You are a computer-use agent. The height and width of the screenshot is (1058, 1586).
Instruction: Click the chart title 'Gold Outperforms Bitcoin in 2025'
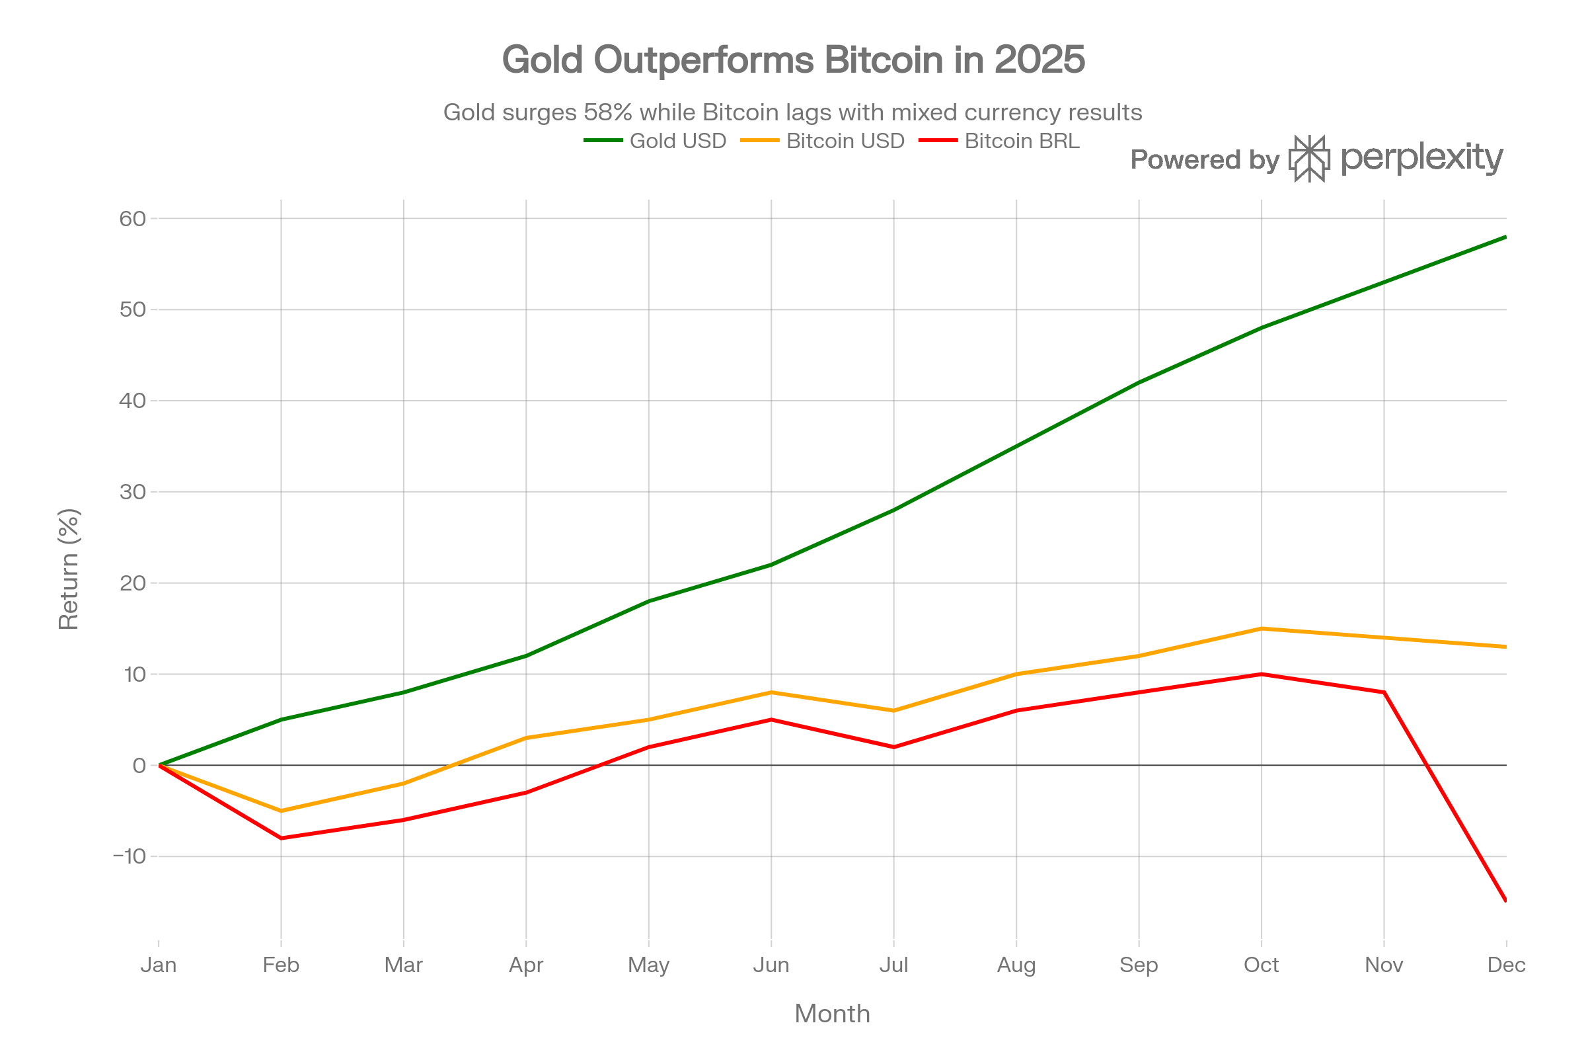[x=793, y=60]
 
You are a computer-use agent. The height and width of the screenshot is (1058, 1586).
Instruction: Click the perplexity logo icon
[x=1309, y=159]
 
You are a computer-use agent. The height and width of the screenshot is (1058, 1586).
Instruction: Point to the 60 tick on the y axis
[x=132, y=219]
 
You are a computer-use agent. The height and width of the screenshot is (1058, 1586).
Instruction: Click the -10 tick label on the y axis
[x=130, y=856]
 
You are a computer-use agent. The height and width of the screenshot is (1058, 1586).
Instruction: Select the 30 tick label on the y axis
[x=132, y=492]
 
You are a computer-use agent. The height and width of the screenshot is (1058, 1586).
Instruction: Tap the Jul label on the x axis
[x=893, y=965]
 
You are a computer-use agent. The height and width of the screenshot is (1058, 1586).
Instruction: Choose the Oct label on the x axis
[x=1261, y=965]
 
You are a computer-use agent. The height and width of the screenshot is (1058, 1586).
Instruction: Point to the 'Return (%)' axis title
[x=69, y=569]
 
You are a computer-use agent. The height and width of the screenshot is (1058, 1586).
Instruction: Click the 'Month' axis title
[x=832, y=1014]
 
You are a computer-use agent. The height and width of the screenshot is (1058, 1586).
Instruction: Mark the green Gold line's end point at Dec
[x=1505, y=237]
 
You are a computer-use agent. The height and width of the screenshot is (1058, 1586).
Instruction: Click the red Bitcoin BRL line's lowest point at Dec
[x=1505, y=900]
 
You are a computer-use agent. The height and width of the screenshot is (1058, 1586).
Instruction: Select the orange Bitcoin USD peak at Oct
[x=1261, y=628]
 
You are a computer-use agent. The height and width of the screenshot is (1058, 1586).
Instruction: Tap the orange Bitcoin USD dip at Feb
[x=282, y=811]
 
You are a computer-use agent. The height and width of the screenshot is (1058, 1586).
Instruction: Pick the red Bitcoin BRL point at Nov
[x=1384, y=692]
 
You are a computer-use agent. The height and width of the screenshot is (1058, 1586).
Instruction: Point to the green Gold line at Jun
[x=771, y=565]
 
